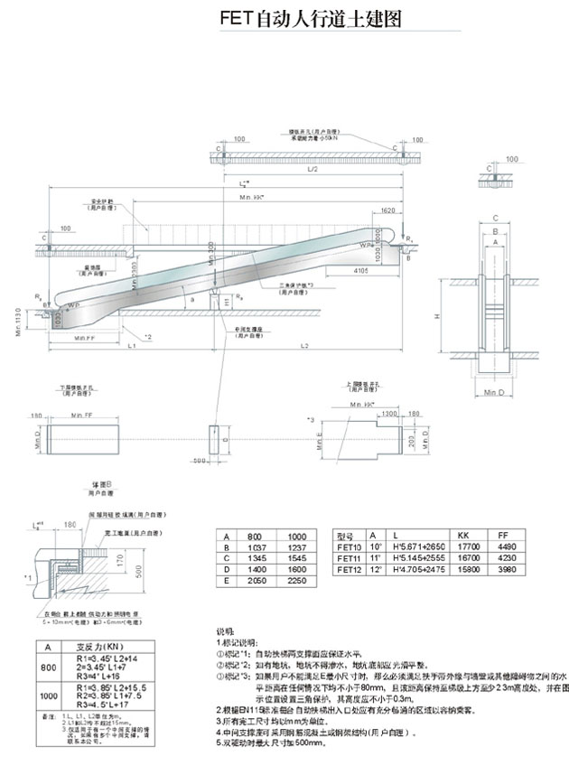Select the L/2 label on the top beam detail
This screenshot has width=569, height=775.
[x=312, y=169]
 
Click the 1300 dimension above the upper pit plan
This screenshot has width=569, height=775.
[x=389, y=413]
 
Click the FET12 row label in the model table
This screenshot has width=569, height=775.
[x=348, y=571]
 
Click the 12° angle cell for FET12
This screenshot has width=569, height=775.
[x=372, y=571]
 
